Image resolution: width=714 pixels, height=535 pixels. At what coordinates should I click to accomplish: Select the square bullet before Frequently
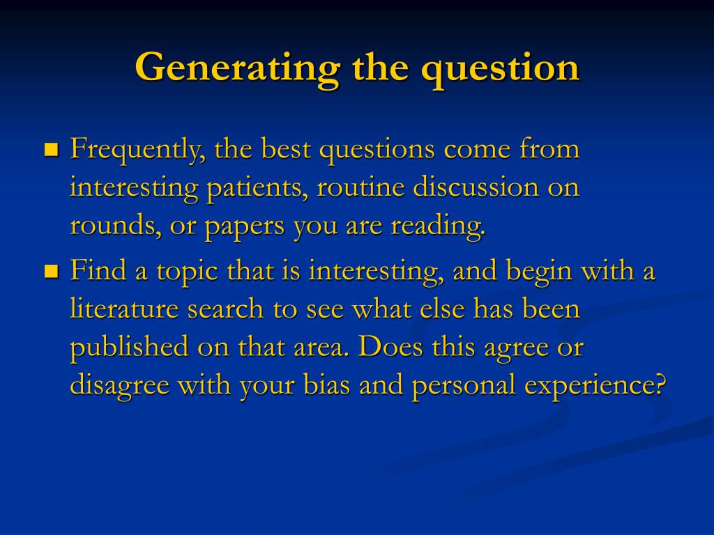51,150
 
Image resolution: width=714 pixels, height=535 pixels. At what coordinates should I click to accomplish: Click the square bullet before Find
51,271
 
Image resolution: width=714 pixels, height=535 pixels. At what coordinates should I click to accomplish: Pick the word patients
256,188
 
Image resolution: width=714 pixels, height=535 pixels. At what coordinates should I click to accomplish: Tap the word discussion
475,188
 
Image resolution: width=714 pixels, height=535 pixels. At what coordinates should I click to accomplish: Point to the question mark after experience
662,385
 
